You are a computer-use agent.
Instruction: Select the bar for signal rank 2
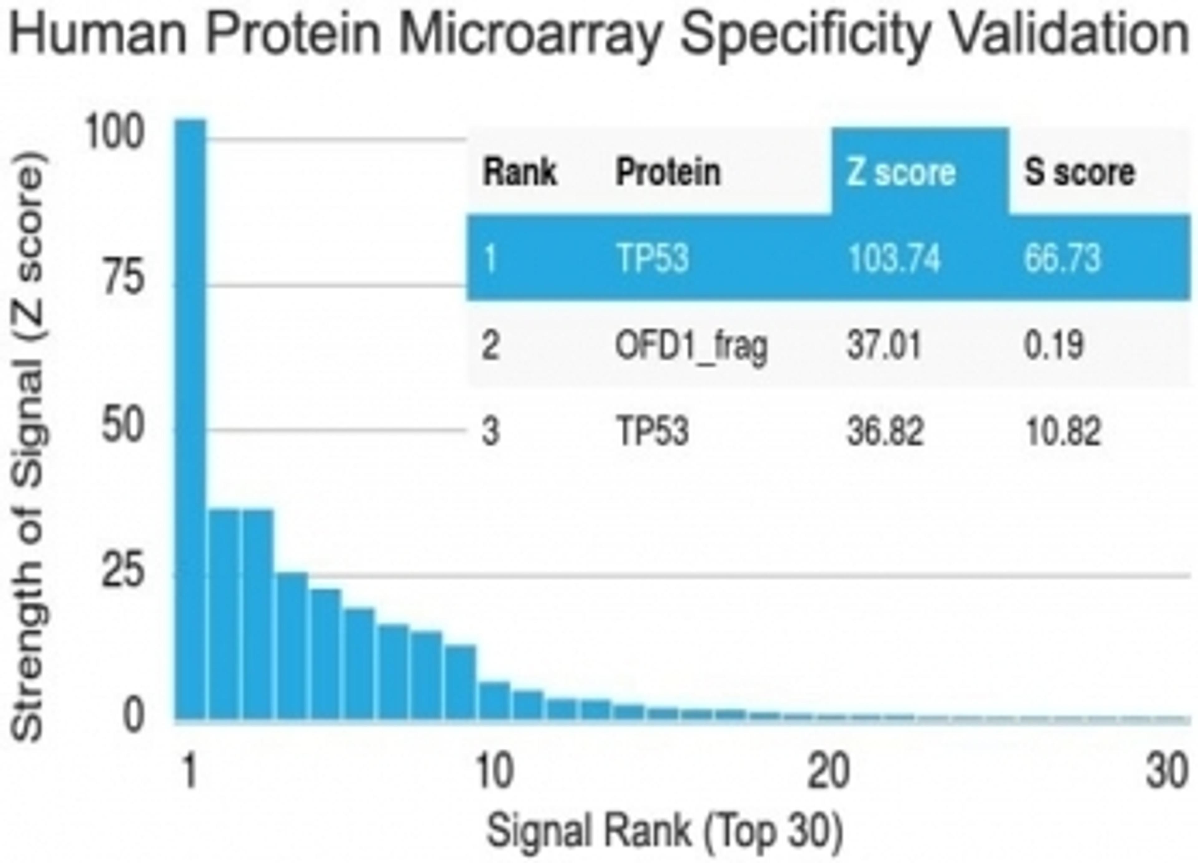coord(225,613)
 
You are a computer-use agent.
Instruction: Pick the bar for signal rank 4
coord(292,645)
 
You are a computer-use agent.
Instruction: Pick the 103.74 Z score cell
coord(894,259)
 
